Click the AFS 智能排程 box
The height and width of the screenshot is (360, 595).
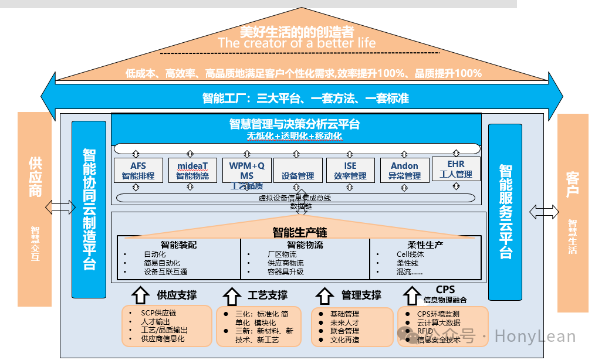[x=138, y=170]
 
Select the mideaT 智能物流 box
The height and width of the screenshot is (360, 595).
[x=192, y=170]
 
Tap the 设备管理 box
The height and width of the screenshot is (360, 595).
[x=298, y=170]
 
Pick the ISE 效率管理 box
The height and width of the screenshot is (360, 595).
[x=350, y=170]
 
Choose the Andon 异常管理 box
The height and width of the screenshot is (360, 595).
[x=405, y=170]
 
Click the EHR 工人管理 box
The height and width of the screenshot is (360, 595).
[x=456, y=169]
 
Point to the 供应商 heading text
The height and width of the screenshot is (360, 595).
[x=35, y=176]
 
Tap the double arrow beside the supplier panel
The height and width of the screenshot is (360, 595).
[x=60, y=206]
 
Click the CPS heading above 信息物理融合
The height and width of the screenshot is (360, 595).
[x=445, y=290]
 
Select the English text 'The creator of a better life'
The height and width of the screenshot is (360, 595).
[x=297, y=43]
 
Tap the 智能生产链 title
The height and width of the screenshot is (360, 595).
[x=299, y=232]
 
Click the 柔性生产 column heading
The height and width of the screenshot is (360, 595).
[x=425, y=244]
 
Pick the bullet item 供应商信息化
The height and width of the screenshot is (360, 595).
[x=163, y=339]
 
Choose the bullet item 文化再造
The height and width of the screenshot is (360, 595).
[x=344, y=339]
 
